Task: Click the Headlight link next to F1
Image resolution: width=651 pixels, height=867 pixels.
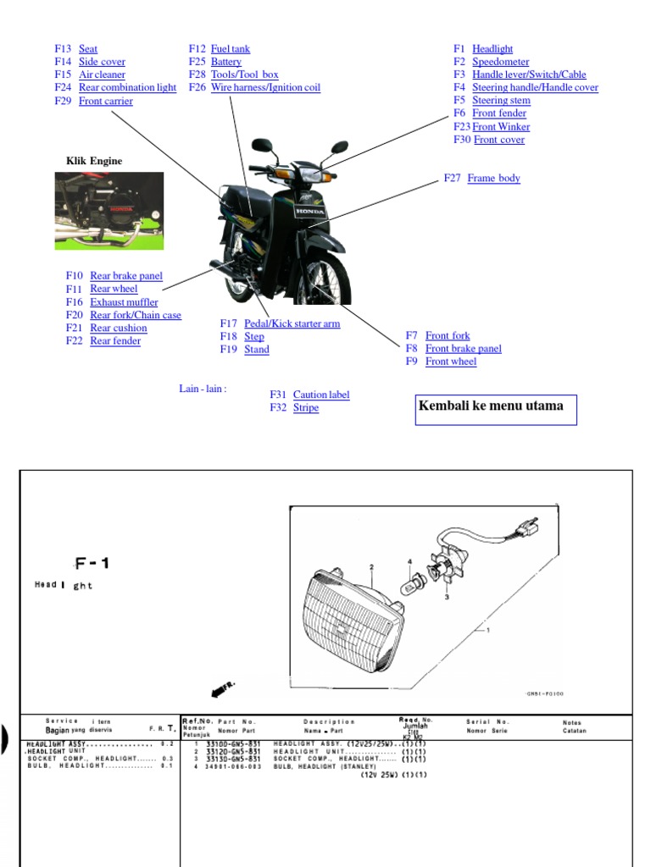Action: pyautogui.click(x=492, y=49)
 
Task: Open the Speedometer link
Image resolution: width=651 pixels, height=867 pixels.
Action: pyautogui.click(x=500, y=62)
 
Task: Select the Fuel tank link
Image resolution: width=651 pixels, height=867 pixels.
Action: pyautogui.click(x=231, y=49)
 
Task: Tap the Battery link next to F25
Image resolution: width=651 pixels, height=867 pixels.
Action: pyautogui.click(x=226, y=62)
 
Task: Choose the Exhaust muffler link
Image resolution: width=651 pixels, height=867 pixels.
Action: pyautogui.click(x=124, y=302)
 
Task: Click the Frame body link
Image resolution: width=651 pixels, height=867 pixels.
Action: pyautogui.click(x=493, y=179)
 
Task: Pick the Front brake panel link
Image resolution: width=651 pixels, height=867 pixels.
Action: pyautogui.click(x=463, y=349)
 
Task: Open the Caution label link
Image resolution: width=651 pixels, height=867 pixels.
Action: pyautogui.click(x=320, y=395)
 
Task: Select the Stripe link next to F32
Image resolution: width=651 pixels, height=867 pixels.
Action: pyautogui.click(x=306, y=408)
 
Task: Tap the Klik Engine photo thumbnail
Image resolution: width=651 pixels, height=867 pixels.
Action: pyautogui.click(x=109, y=211)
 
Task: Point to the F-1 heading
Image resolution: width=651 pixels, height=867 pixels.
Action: pyautogui.click(x=92, y=563)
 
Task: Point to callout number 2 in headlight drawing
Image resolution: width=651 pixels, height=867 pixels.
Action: pyautogui.click(x=371, y=567)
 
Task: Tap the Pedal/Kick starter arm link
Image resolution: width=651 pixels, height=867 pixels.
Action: pyautogui.click(x=292, y=324)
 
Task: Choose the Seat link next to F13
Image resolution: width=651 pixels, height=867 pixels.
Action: pyautogui.click(x=88, y=49)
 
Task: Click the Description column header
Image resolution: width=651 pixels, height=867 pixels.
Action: pyautogui.click(x=329, y=722)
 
